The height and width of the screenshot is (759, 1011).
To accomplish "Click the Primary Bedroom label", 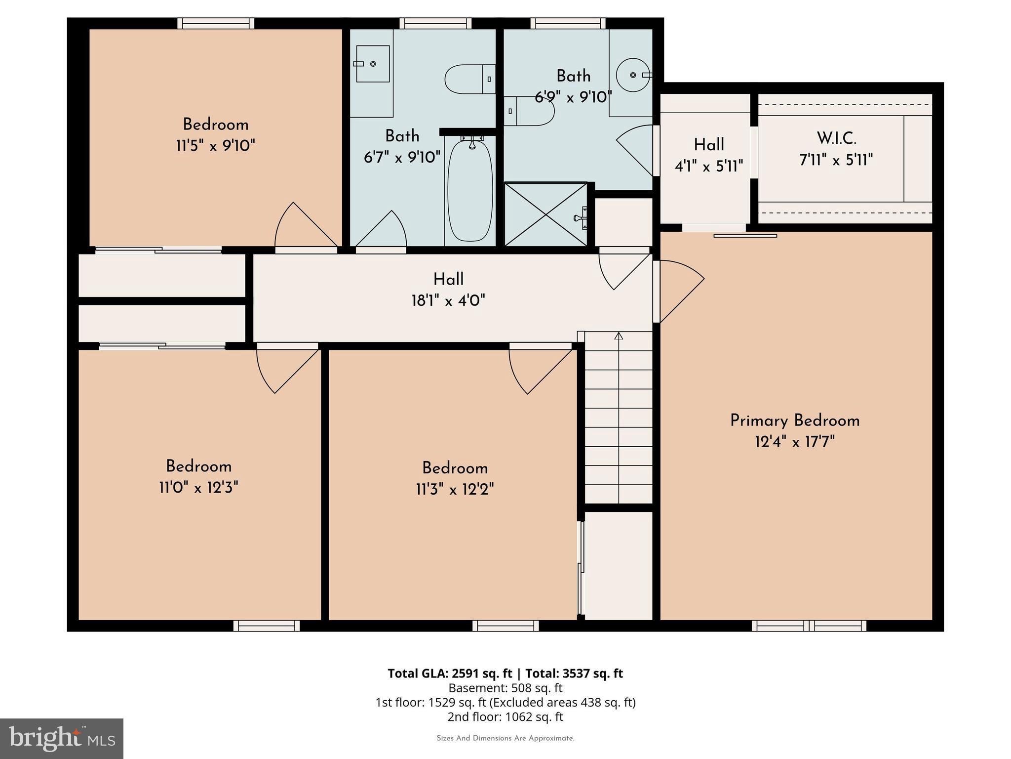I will click(x=795, y=421).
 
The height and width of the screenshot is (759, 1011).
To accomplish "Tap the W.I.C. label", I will click(x=836, y=138).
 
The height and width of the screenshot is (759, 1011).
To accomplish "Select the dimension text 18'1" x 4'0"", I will click(x=448, y=300).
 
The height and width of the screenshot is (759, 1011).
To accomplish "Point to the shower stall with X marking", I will click(x=546, y=214).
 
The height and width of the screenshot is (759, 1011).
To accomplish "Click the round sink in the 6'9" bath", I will click(x=633, y=75).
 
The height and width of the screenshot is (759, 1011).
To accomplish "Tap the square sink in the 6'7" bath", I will click(x=373, y=64).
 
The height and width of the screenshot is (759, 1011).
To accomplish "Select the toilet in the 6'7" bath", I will click(x=469, y=79).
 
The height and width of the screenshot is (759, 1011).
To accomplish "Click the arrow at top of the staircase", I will click(x=619, y=337).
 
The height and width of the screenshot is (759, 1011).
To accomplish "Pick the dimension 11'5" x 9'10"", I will click(x=215, y=146).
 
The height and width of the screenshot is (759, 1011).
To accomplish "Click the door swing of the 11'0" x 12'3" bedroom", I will click(x=286, y=371).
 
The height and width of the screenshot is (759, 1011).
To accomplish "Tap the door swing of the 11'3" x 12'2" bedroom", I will click(x=538, y=371).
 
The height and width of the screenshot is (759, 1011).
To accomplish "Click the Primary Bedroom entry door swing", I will click(x=679, y=292).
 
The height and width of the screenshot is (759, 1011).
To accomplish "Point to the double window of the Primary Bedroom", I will click(x=809, y=626).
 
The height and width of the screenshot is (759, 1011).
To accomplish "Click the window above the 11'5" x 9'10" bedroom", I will click(x=216, y=23).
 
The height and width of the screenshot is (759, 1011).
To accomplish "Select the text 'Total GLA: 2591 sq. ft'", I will click(x=450, y=674).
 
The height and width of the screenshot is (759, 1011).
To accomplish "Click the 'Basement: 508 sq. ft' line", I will click(x=505, y=688).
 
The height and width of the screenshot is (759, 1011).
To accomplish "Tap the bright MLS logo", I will click(x=61, y=738).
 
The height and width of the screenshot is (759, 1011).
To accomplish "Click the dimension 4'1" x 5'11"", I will click(x=708, y=166).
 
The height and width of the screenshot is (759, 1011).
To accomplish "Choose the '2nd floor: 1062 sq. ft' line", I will click(x=505, y=717).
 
